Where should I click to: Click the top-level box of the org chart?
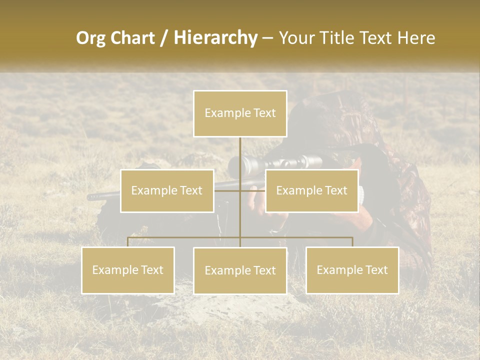pyautogui.click(x=240, y=113)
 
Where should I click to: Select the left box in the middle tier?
pyautogui.click(x=167, y=190)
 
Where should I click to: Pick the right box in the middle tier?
pyautogui.click(x=311, y=190)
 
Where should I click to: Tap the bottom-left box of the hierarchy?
pyautogui.click(x=128, y=270)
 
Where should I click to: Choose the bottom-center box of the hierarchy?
pyautogui.click(x=240, y=270)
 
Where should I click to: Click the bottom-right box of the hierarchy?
pyautogui.click(x=352, y=270)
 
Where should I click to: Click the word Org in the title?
pyautogui.click(x=91, y=38)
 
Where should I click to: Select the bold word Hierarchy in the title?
pyautogui.click(x=215, y=38)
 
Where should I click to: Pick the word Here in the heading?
pyautogui.click(x=416, y=38)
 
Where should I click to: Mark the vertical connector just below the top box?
pyautogui.click(x=240, y=150)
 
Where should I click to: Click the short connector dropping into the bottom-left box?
pyautogui.click(x=128, y=242)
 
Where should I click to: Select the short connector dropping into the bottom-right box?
pyautogui.click(x=352, y=242)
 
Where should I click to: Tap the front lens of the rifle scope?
pyautogui.click(x=235, y=166)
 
